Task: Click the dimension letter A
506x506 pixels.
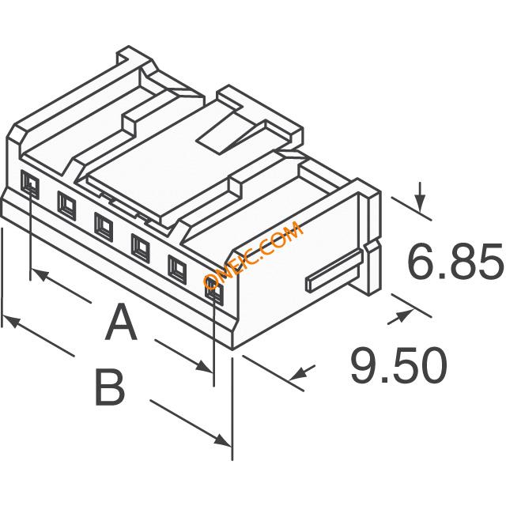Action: (121, 322)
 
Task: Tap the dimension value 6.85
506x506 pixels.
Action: (455, 261)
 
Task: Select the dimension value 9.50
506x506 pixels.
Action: (398, 365)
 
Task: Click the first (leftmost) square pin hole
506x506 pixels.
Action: (30, 184)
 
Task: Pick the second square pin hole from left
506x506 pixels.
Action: (66, 206)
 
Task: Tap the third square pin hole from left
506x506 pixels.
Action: (104, 227)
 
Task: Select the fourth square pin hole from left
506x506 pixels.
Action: (141, 248)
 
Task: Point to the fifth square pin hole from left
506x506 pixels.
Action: (177, 270)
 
